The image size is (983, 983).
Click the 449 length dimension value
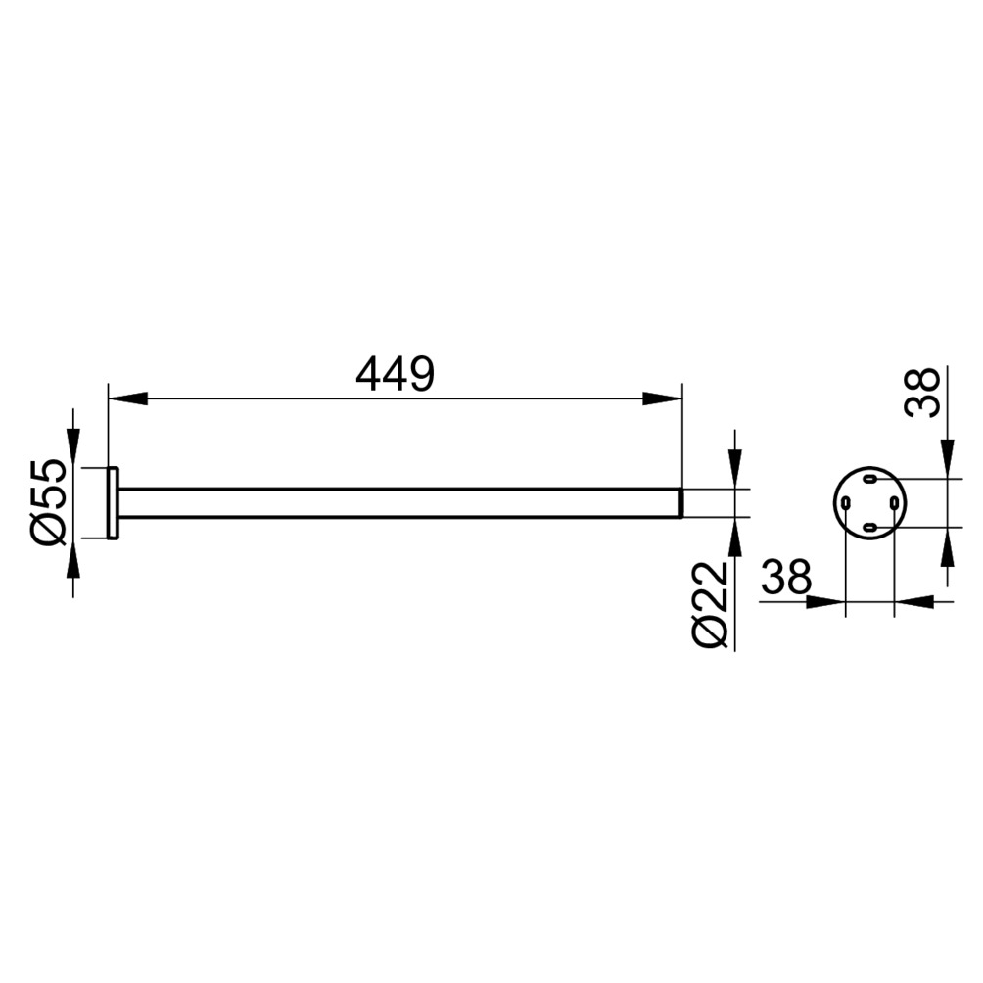click(x=395, y=374)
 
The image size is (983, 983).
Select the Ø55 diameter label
click(x=46, y=502)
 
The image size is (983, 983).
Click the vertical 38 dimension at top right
click(x=921, y=393)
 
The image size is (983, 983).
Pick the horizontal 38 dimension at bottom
click(x=786, y=577)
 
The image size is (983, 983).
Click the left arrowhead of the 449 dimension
click(x=128, y=398)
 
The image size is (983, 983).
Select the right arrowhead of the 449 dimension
click(x=663, y=398)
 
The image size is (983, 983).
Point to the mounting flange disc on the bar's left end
click(x=113, y=503)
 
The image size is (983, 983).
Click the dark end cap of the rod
click(x=679, y=503)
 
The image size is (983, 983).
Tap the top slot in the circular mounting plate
click(x=869, y=480)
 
